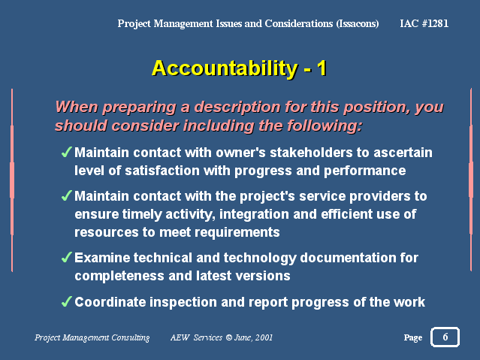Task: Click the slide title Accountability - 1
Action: point(240,68)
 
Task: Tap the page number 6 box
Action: point(445,337)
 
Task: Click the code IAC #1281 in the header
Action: point(424,23)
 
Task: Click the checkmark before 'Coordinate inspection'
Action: point(66,301)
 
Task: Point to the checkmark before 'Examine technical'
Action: point(66,257)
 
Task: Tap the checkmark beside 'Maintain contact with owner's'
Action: point(66,152)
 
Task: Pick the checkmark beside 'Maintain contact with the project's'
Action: point(66,195)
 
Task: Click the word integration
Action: point(254,214)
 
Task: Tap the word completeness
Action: point(119,277)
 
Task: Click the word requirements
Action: point(237,233)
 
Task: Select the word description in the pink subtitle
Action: point(237,107)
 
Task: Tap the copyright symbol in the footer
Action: point(228,337)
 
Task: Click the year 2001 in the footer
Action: point(264,337)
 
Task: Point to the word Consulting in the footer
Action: point(131,337)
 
